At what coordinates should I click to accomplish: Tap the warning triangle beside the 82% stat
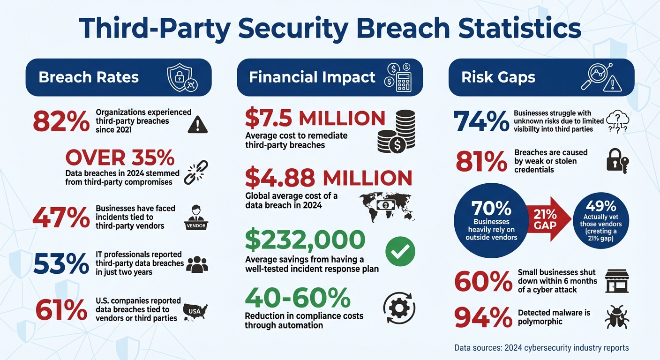point(197,124)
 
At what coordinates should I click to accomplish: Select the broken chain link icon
point(196,172)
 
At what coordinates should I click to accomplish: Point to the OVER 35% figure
point(120,158)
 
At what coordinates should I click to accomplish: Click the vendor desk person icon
point(195,217)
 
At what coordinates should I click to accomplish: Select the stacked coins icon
point(397,131)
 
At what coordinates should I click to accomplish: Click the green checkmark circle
point(400,251)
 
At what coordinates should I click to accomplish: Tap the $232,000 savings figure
point(305,240)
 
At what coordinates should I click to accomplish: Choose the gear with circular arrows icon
point(399,308)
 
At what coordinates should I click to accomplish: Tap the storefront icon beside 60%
point(617,281)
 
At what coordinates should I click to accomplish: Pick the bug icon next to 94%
point(617,317)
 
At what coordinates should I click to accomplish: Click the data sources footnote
point(541,348)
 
